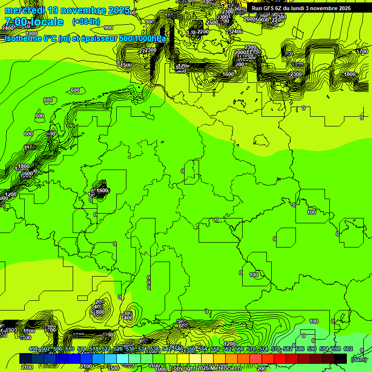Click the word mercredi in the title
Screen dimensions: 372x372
coord(25,10)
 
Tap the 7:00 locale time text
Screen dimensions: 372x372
coord(34,22)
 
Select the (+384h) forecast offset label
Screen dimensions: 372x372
coord(86,21)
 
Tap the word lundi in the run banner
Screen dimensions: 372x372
coord(297,8)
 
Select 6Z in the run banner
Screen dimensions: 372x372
coord(279,8)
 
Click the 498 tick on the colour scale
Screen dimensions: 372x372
coord(33,349)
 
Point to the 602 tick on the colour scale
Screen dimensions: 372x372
coord(348,349)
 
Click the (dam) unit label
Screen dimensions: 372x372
coord(359,359)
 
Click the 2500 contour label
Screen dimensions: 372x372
coord(212,22)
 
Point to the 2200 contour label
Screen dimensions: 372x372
coord(203,31)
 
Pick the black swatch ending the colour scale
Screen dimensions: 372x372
coord(341,358)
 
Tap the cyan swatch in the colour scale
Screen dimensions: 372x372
coord(123,358)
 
